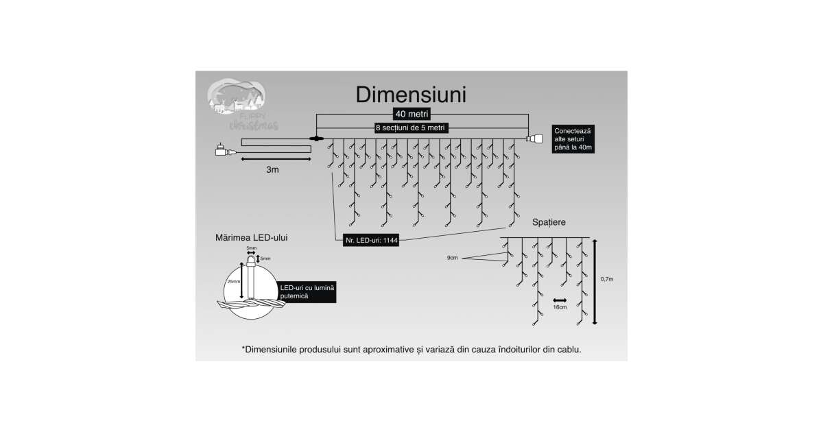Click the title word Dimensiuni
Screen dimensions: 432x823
click(410, 94)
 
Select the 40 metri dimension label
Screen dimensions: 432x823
click(412, 114)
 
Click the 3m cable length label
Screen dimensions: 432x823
click(272, 169)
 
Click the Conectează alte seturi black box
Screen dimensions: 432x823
click(577, 139)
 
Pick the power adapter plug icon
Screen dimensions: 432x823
click(224, 150)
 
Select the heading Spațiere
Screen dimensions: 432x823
click(549, 223)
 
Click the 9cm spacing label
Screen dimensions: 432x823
click(452, 258)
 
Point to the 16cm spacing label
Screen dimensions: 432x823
click(560, 307)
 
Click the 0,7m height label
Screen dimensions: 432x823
click(607, 279)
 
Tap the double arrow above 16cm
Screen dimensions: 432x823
click(560, 300)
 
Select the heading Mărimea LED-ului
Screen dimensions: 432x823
click(252, 237)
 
